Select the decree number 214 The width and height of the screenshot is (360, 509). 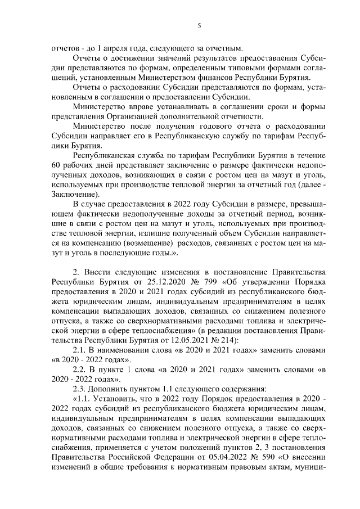click(227, 339)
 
